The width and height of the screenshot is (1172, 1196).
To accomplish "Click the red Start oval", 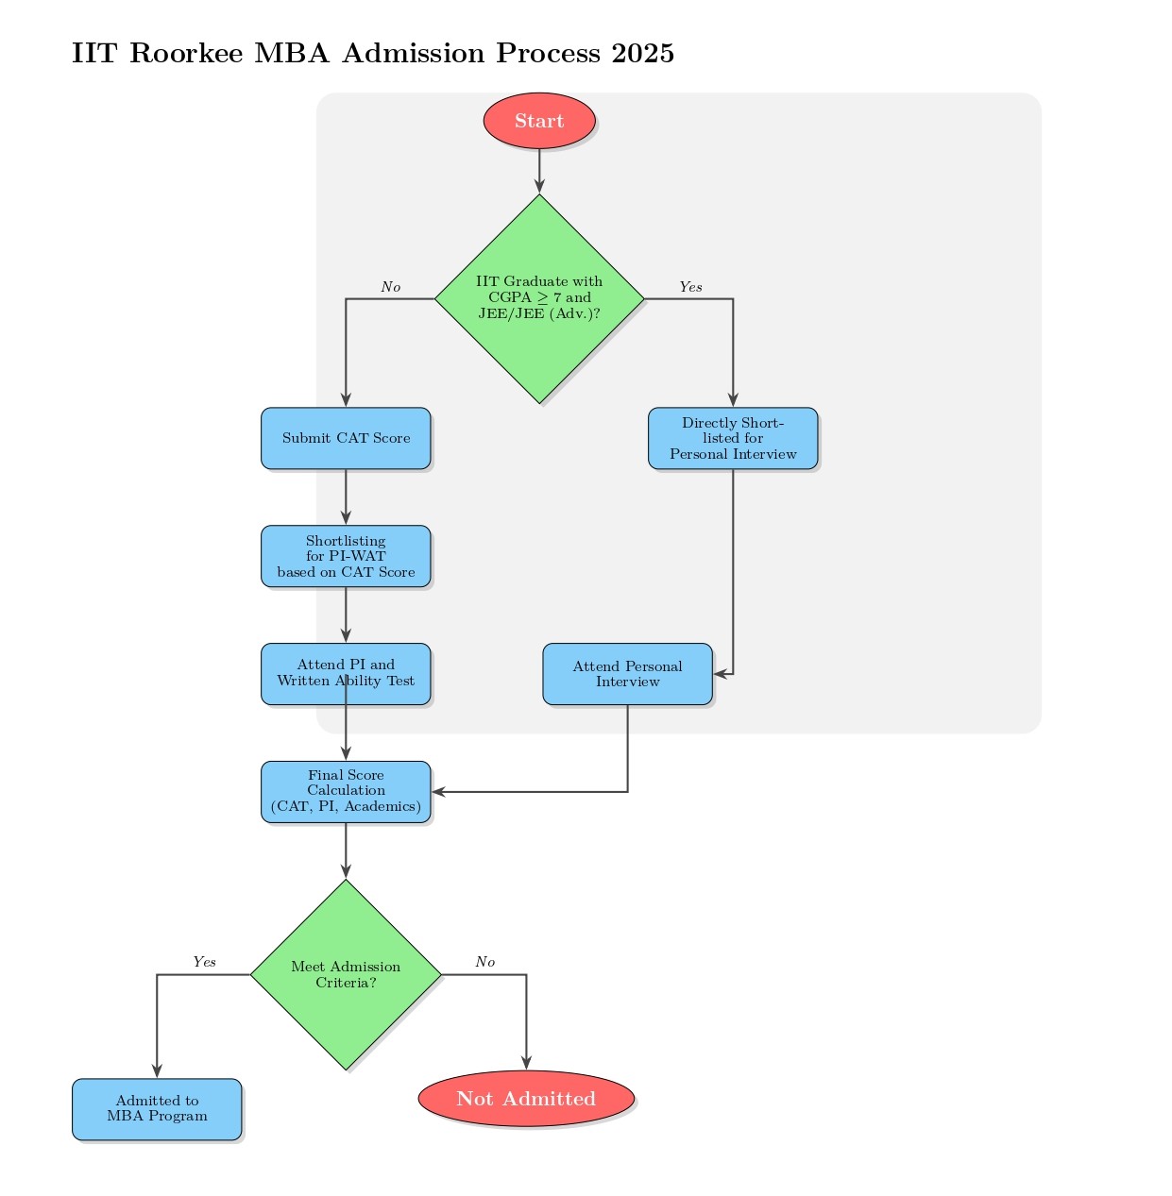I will [x=539, y=121].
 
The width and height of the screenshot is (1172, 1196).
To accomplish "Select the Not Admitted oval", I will [x=526, y=1099].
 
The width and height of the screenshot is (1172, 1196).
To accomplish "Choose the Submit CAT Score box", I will [x=346, y=438].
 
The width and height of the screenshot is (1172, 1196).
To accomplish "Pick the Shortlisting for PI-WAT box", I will [x=346, y=556].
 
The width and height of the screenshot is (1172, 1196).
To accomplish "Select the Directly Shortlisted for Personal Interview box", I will [x=733, y=438].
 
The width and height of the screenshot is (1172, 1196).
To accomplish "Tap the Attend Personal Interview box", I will [x=627, y=674].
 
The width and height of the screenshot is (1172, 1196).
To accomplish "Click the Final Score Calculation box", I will [x=346, y=791].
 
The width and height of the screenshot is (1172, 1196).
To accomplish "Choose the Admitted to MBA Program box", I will [x=157, y=1108].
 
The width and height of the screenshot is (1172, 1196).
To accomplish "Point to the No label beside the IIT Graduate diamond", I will [x=390, y=287].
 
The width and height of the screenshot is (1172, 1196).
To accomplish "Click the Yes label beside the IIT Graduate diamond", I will [x=690, y=287].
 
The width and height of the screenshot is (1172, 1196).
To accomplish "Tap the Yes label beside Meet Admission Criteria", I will [x=204, y=962].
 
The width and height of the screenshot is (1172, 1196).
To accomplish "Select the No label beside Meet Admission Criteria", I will [x=484, y=962].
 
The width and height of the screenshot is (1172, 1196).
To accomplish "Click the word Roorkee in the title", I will [x=185, y=54].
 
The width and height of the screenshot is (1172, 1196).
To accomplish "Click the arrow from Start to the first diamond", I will [x=539, y=171].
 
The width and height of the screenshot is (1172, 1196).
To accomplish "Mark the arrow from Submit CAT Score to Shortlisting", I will [x=346, y=497].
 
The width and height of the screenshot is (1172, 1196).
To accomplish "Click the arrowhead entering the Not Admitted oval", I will [x=526, y=1063].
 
